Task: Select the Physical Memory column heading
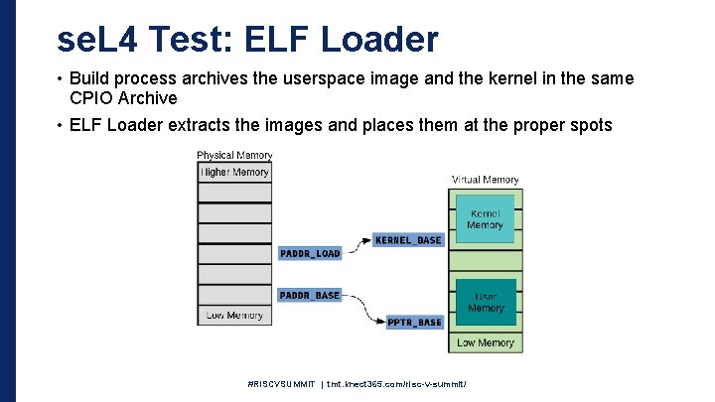pos(234,155)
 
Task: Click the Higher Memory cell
pos(234,172)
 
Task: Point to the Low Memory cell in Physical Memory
pos(234,315)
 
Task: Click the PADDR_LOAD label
pos(310,253)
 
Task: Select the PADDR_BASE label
pos(310,295)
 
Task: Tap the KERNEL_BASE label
pos(407,240)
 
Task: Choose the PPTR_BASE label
pos(413,322)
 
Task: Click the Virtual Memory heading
pos(486,180)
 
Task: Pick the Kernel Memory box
pos(486,218)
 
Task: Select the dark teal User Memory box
pos(486,302)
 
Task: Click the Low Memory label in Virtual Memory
pos(486,342)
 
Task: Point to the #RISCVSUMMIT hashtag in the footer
pos(282,382)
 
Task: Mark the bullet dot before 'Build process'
pos(61,78)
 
